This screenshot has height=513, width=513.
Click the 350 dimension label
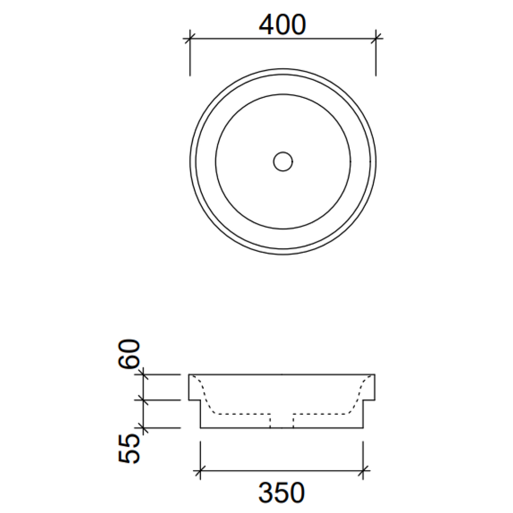[282, 493]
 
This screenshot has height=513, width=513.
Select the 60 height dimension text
[129, 354]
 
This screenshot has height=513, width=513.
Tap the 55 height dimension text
[129, 449]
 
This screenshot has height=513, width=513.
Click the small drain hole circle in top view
[283, 161]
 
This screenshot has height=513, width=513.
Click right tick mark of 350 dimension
[364, 470]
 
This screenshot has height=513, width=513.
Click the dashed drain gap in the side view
[282, 421]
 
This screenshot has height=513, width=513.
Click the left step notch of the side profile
[200, 400]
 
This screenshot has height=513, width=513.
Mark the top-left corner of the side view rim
[189, 375]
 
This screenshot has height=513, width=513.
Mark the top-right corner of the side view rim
[375, 375]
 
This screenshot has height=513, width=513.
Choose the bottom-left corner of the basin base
[200, 428]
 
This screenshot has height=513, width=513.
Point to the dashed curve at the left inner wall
[206, 396]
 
